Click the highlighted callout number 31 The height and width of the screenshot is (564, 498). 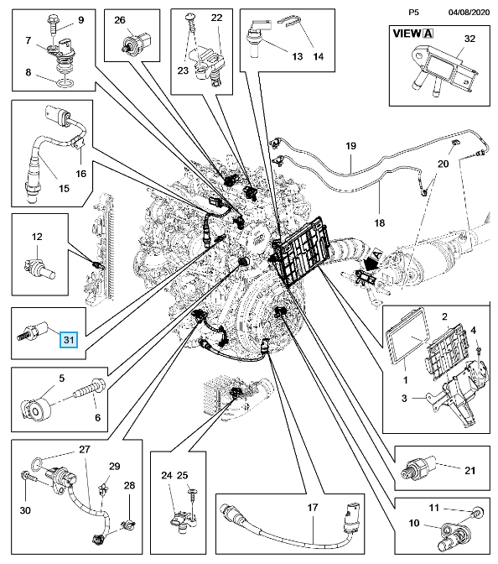pos(69,340)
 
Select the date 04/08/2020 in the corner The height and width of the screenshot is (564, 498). pos(469,13)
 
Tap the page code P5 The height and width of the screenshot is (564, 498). pos(413,13)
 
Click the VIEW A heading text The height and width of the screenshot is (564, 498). pos(412,34)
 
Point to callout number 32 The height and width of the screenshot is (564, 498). pos(469,39)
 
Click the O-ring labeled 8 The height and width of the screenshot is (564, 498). pos(65,84)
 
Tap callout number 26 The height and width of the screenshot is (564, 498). pos(120,20)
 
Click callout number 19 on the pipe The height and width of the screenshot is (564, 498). pos(350,146)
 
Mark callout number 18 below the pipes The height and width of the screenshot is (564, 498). pos(380,222)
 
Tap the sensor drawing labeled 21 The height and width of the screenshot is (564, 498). pos(418,467)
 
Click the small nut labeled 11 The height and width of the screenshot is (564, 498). pos(478,511)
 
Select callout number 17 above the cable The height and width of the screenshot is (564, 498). pos(313,507)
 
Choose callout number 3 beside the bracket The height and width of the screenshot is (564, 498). pos(404,398)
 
